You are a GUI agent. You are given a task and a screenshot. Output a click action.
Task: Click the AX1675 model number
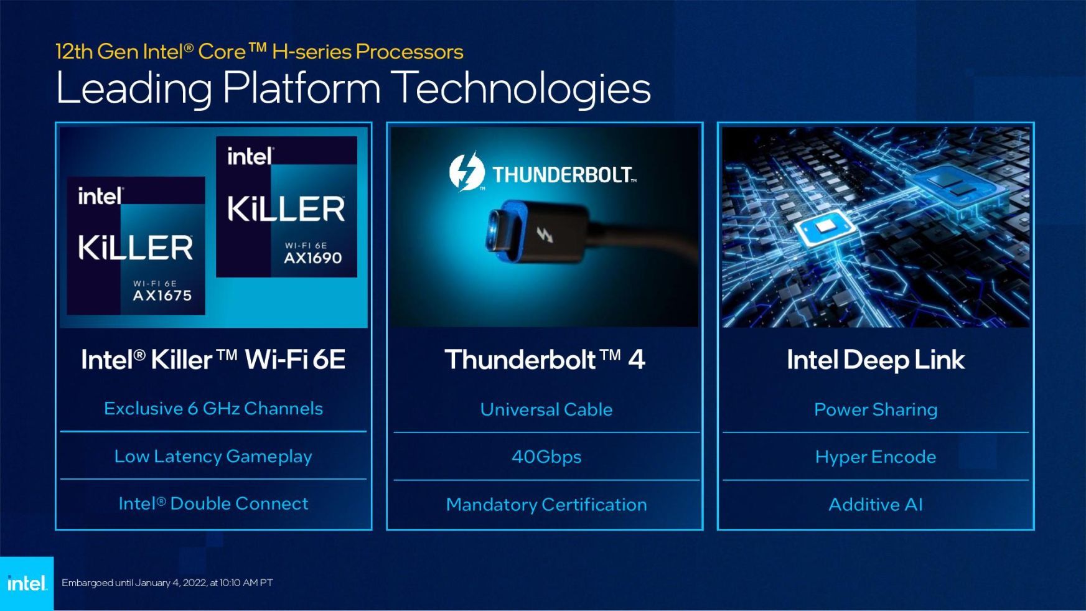(x=162, y=296)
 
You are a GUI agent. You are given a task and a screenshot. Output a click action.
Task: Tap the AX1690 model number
(x=313, y=258)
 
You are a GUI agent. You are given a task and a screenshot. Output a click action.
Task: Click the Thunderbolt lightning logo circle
(x=467, y=171)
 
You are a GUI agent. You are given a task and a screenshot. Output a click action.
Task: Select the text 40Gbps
(x=546, y=457)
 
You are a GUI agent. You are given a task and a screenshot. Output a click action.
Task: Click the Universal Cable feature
(x=546, y=409)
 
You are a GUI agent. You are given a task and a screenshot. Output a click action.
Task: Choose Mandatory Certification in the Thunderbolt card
(x=546, y=505)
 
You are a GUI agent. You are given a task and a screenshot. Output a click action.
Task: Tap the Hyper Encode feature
(x=876, y=457)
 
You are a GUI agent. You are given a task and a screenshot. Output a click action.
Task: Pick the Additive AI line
(x=876, y=505)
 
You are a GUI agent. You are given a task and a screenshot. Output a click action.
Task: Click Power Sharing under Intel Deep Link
(x=876, y=410)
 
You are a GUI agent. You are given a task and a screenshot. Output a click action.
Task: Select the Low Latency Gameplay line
(x=213, y=457)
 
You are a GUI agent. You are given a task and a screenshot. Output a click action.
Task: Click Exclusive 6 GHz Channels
(x=213, y=409)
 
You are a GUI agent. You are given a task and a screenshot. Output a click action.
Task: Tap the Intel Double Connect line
(x=213, y=503)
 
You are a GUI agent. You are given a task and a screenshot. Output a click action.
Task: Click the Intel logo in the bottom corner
(x=27, y=584)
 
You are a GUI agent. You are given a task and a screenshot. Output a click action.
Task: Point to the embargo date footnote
(x=167, y=583)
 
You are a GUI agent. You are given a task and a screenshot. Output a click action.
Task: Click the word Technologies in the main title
(x=523, y=88)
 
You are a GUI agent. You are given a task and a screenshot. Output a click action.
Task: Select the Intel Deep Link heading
(x=876, y=360)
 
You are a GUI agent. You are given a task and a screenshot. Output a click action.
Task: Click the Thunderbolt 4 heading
(x=545, y=360)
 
